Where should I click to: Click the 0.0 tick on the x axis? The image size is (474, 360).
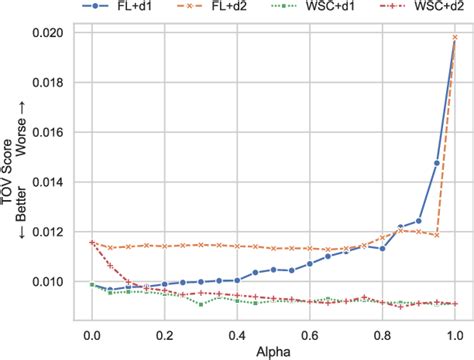pyautogui.click(x=92, y=324)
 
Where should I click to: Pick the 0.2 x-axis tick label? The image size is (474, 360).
pyautogui.click(x=165, y=324)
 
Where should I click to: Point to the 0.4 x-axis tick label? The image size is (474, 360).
pyautogui.click(x=237, y=324)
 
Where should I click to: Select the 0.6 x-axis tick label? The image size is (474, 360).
pyautogui.click(x=310, y=324)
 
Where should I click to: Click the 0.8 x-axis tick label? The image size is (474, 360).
pyautogui.click(x=383, y=324)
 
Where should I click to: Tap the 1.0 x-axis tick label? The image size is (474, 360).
pyautogui.click(x=455, y=324)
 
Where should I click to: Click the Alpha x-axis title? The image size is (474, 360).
pyautogui.click(x=273, y=346)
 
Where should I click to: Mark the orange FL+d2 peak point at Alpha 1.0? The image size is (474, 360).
pyautogui.click(x=455, y=37)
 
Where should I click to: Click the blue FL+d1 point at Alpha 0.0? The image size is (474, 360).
pyautogui.click(x=92, y=285)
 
